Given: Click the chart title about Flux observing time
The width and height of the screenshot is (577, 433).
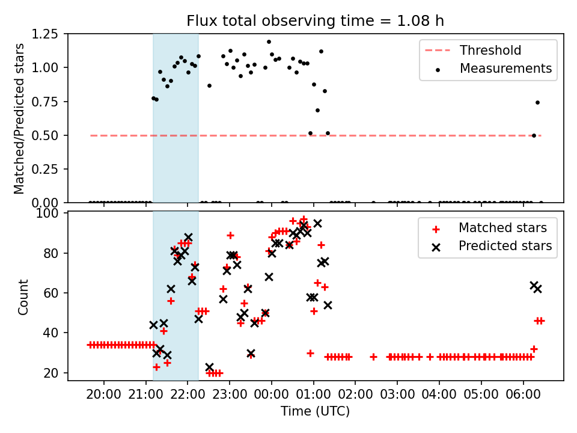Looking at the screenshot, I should point(315,21).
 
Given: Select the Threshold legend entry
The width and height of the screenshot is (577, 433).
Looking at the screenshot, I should point(490,51).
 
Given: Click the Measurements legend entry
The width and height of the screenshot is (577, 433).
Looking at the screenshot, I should point(505,69).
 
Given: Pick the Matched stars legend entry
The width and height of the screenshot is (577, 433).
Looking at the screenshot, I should point(502,228).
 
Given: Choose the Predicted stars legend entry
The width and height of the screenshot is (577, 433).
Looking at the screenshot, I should point(505,246).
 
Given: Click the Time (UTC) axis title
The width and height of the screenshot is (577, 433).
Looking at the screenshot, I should point(315,412).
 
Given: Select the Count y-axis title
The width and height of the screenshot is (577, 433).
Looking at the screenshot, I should point(23,296).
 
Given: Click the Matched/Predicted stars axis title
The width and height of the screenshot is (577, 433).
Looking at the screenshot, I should point(20,118).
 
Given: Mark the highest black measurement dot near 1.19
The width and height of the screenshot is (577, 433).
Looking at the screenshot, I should point(269,42).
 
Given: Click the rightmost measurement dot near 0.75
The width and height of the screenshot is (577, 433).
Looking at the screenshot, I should point(537,102).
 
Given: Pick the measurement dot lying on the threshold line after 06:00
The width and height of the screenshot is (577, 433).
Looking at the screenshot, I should point(534,135).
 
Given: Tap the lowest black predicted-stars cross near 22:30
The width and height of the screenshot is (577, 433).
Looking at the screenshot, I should point(209,367).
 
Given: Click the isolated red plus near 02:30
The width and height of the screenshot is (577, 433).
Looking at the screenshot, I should point(373,357).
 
